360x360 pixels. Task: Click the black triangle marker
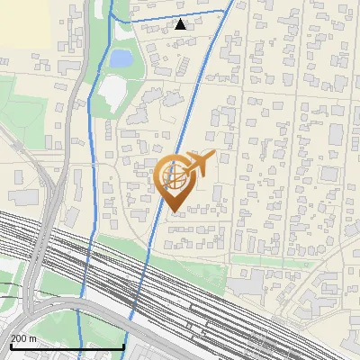(x=181, y=24)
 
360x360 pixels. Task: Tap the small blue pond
(x=120, y=59)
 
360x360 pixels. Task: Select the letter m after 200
(x=33, y=338)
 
